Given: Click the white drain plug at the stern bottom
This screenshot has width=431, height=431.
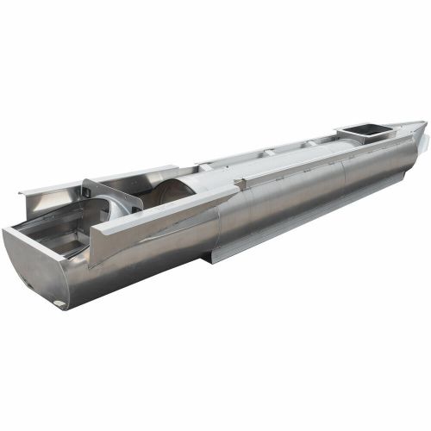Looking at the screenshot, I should pyautogui.click(x=59, y=303).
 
